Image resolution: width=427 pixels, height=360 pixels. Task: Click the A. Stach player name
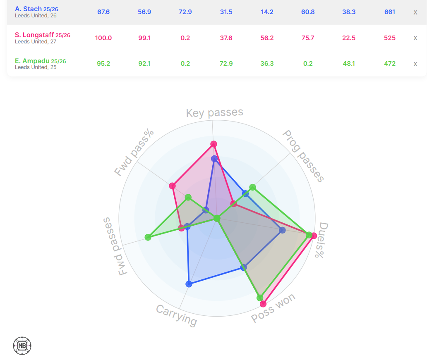pyautogui.click(x=28, y=9)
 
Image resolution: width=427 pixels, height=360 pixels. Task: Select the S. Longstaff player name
pyautogui.click(x=34, y=35)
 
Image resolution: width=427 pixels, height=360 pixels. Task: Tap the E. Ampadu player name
pyautogui.click(x=31, y=61)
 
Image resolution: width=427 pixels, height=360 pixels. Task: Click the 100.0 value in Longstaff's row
pyautogui.click(x=103, y=38)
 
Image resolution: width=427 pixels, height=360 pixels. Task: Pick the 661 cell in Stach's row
pyautogui.click(x=389, y=12)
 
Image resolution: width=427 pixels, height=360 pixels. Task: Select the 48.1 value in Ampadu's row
pyautogui.click(x=349, y=64)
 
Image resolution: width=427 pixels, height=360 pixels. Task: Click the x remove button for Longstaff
pyautogui.click(x=415, y=38)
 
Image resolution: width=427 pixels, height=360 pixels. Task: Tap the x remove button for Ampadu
pyautogui.click(x=415, y=64)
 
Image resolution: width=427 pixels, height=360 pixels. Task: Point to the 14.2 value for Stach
pyautogui.click(x=267, y=12)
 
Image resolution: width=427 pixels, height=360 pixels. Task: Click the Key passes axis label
pyautogui.click(x=214, y=113)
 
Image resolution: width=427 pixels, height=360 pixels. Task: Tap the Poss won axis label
pyautogui.click(x=273, y=309)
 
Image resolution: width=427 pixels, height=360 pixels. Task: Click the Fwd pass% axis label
pyautogui.click(x=134, y=153)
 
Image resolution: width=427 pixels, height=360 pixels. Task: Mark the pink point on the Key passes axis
pyautogui.click(x=213, y=144)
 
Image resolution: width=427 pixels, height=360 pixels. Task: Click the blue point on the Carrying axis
pyautogui.click(x=189, y=284)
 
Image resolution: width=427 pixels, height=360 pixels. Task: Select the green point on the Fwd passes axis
pyautogui.click(x=148, y=237)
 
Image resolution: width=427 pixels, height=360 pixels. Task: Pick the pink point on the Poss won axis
pyautogui.click(x=263, y=304)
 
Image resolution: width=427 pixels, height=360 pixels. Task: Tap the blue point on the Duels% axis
pyautogui.click(x=282, y=230)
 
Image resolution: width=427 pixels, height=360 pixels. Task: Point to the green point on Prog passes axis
pyautogui.click(x=253, y=188)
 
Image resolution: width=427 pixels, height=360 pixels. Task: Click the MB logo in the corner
pyautogui.click(x=22, y=346)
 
